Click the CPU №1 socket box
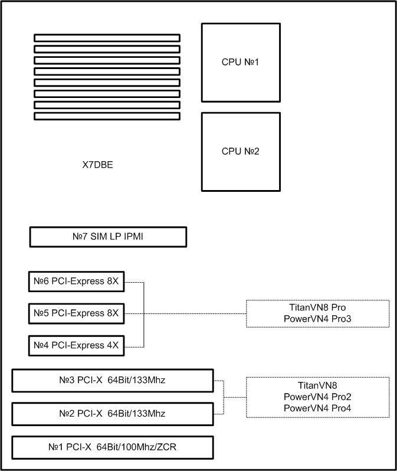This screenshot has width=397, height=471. pyautogui.click(x=241, y=63)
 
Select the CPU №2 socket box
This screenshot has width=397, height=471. pyautogui.click(x=241, y=152)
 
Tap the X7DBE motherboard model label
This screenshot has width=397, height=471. pyautogui.click(x=97, y=165)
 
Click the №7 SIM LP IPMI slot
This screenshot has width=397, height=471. pyautogui.click(x=108, y=237)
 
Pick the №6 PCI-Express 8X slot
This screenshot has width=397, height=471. pyautogui.click(x=76, y=282)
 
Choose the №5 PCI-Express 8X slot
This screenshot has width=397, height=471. pyautogui.click(x=76, y=313)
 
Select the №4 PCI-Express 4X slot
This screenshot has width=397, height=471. pyautogui.click(x=76, y=346)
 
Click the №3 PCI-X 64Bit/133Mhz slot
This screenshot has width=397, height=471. pyautogui.click(x=113, y=381)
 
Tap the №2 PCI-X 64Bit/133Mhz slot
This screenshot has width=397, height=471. pyautogui.click(x=113, y=414)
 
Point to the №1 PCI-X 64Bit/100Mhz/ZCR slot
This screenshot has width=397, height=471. pyautogui.click(x=113, y=447)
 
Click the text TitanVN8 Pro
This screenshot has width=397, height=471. pyautogui.click(x=317, y=308)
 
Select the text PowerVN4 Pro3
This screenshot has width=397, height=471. pyautogui.click(x=317, y=319)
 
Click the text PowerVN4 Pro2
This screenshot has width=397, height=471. pyautogui.click(x=317, y=397)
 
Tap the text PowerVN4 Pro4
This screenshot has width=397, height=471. pyautogui.click(x=317, y=408)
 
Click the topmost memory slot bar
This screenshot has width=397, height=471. pyautogui.click(x=107, y=38)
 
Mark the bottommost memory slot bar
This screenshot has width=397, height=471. pyautogui.click(x=107, y=116)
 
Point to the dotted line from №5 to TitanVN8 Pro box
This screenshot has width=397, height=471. pyautogui.click(x=185, y=313)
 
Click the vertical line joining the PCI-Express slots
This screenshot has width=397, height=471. pyautogui.click(x=144, y=315)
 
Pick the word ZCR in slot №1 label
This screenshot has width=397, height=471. pyautogui.click(x=167, y=447)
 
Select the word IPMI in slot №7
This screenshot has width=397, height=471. pyautogui.click(x=133, y=237)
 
